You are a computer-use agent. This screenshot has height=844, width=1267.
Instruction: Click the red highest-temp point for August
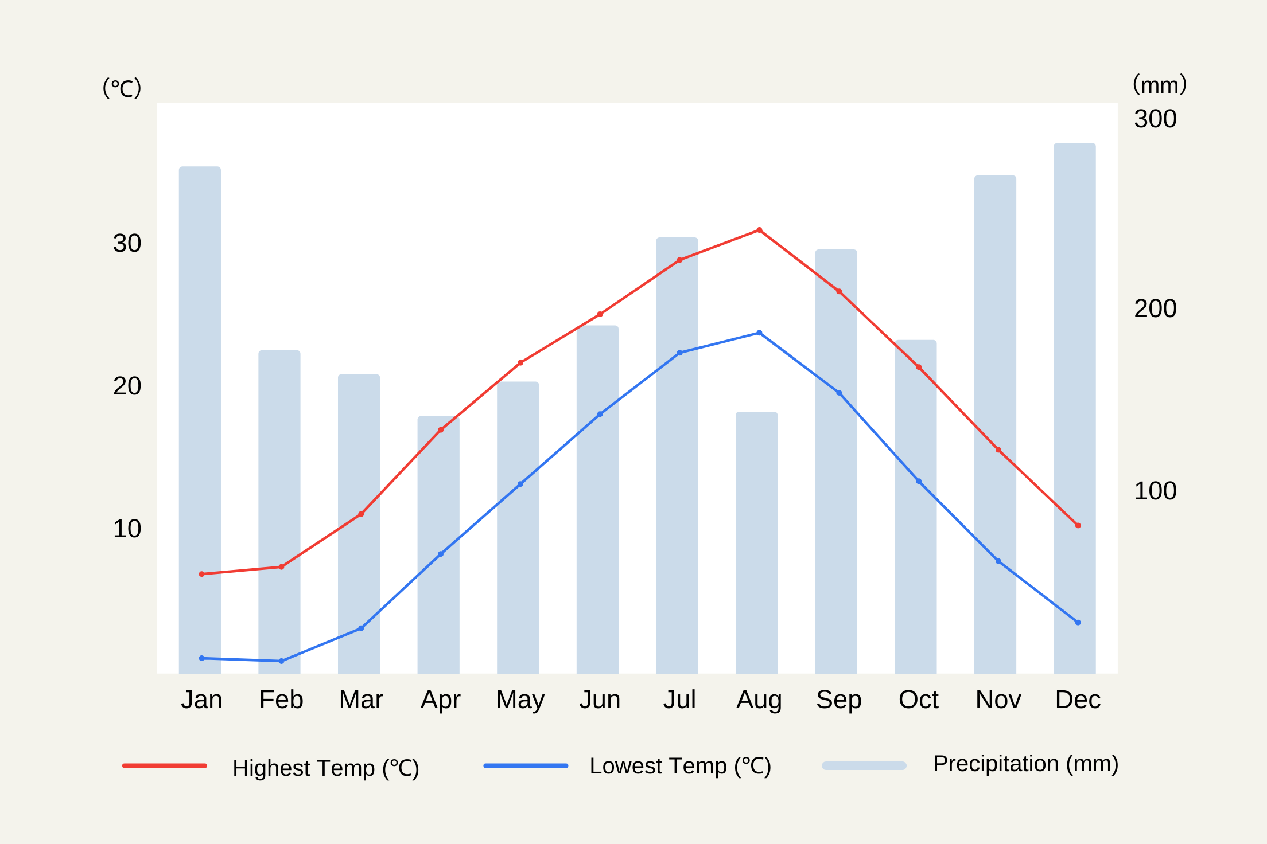pyautogui.click(x=759, y=230)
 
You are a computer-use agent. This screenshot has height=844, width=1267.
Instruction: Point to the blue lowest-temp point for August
pyautogui.click(x=759, y=333)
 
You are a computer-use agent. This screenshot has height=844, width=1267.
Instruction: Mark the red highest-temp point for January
pyautogui.click(x=201, y=574)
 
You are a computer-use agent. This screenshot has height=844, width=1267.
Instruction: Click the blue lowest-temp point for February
pyautogui.click(x=281, y=661)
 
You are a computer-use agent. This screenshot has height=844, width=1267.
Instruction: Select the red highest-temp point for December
pyautogui.click(x=1078, y=525)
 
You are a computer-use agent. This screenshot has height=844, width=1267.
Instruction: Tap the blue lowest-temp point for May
pyautogui.click(x=520, y=484)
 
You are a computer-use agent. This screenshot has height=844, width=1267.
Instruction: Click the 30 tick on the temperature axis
pyautogui.click(x=127, y=244)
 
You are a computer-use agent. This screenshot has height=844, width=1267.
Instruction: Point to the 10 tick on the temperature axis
pyautogui.click(x=127, y=529)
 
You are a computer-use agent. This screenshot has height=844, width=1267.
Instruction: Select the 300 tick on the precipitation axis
pyautogui.click(x=1155, y=119)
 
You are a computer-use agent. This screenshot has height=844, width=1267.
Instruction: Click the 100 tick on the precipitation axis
pyautogui.click(x=1155, y=491)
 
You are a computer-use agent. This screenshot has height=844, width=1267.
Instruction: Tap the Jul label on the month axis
pyautogui.click(x=679, y=700)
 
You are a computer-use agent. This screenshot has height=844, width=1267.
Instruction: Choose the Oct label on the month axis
pyautogui.click(x=918, y=700)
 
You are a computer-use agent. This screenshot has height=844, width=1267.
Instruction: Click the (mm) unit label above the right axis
pyautogui.click(x=1159, y=85)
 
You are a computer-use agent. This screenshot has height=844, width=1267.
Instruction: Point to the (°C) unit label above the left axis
pyautogui.click(x=122, y=88)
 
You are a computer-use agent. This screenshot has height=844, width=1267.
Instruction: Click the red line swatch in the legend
pyautogui.click(x=165, y=765)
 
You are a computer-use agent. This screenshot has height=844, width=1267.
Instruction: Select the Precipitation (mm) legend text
pyautogui.click(x=1025, y=764)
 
